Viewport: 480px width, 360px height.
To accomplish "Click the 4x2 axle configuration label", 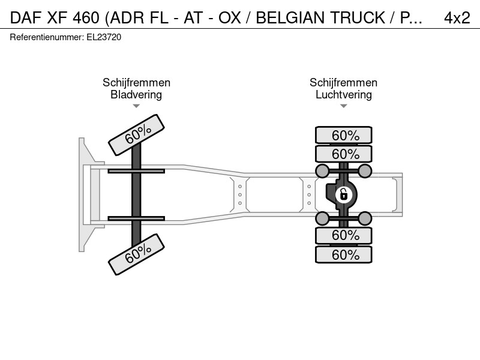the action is coord(457,18).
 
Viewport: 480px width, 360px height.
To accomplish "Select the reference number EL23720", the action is coord(104,37).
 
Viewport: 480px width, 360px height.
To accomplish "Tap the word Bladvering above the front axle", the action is coord(136,95).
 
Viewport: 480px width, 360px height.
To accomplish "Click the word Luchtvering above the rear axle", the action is coord(343,95).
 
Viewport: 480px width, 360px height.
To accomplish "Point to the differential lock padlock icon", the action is coord(343,194).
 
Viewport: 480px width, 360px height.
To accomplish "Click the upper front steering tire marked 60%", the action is coord(137,135).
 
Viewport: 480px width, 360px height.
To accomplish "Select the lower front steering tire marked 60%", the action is coord(137,254).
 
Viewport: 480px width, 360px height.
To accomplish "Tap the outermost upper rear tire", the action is coord(343,135).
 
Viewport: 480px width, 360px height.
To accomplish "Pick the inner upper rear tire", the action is coord(343,154).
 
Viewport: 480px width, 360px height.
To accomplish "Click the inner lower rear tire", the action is coord(343,235).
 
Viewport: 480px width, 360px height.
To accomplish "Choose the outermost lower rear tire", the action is coord(343,254).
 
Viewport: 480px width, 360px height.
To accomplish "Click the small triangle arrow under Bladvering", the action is coord(136,106).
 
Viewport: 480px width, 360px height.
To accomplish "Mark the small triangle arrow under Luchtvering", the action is coord(343,106).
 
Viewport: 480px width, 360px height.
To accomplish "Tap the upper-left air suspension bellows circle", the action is coord(322,171).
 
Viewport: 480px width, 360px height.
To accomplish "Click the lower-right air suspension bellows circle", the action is coord(365,218).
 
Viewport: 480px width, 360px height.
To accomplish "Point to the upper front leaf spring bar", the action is coord(136,171).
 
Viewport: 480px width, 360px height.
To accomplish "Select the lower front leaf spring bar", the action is coord(136,218).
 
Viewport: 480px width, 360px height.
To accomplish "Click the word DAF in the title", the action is coord(26,18).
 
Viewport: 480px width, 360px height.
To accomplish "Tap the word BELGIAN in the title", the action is coord(290,18).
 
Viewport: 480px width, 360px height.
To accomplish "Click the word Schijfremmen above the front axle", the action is coord(136,83).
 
